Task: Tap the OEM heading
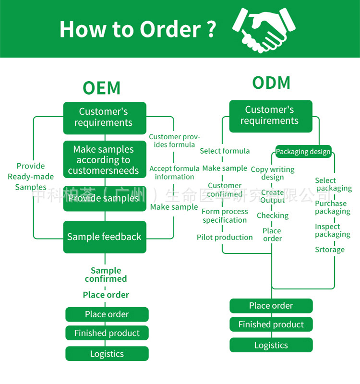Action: pos(101,88)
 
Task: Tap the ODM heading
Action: pos(271,83)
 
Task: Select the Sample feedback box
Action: pos(105,237)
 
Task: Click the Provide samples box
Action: pos(105,198)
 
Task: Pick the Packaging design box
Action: pos(303,152)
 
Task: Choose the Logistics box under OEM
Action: pos(107,354)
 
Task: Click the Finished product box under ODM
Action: pos(271,324)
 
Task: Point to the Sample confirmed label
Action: pos(106,275)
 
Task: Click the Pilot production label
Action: pos(225,237)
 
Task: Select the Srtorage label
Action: pos(330,250)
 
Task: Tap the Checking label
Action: pos(273,216)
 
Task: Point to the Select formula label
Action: pos(225,151)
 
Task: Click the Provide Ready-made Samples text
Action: pos(31,177)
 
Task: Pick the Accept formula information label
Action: pos(174,172)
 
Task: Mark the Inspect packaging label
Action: pos(332,230)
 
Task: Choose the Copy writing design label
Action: pos(273,173)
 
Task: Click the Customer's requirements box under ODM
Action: pos(271,116)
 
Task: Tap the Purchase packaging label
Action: pos(332,207)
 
